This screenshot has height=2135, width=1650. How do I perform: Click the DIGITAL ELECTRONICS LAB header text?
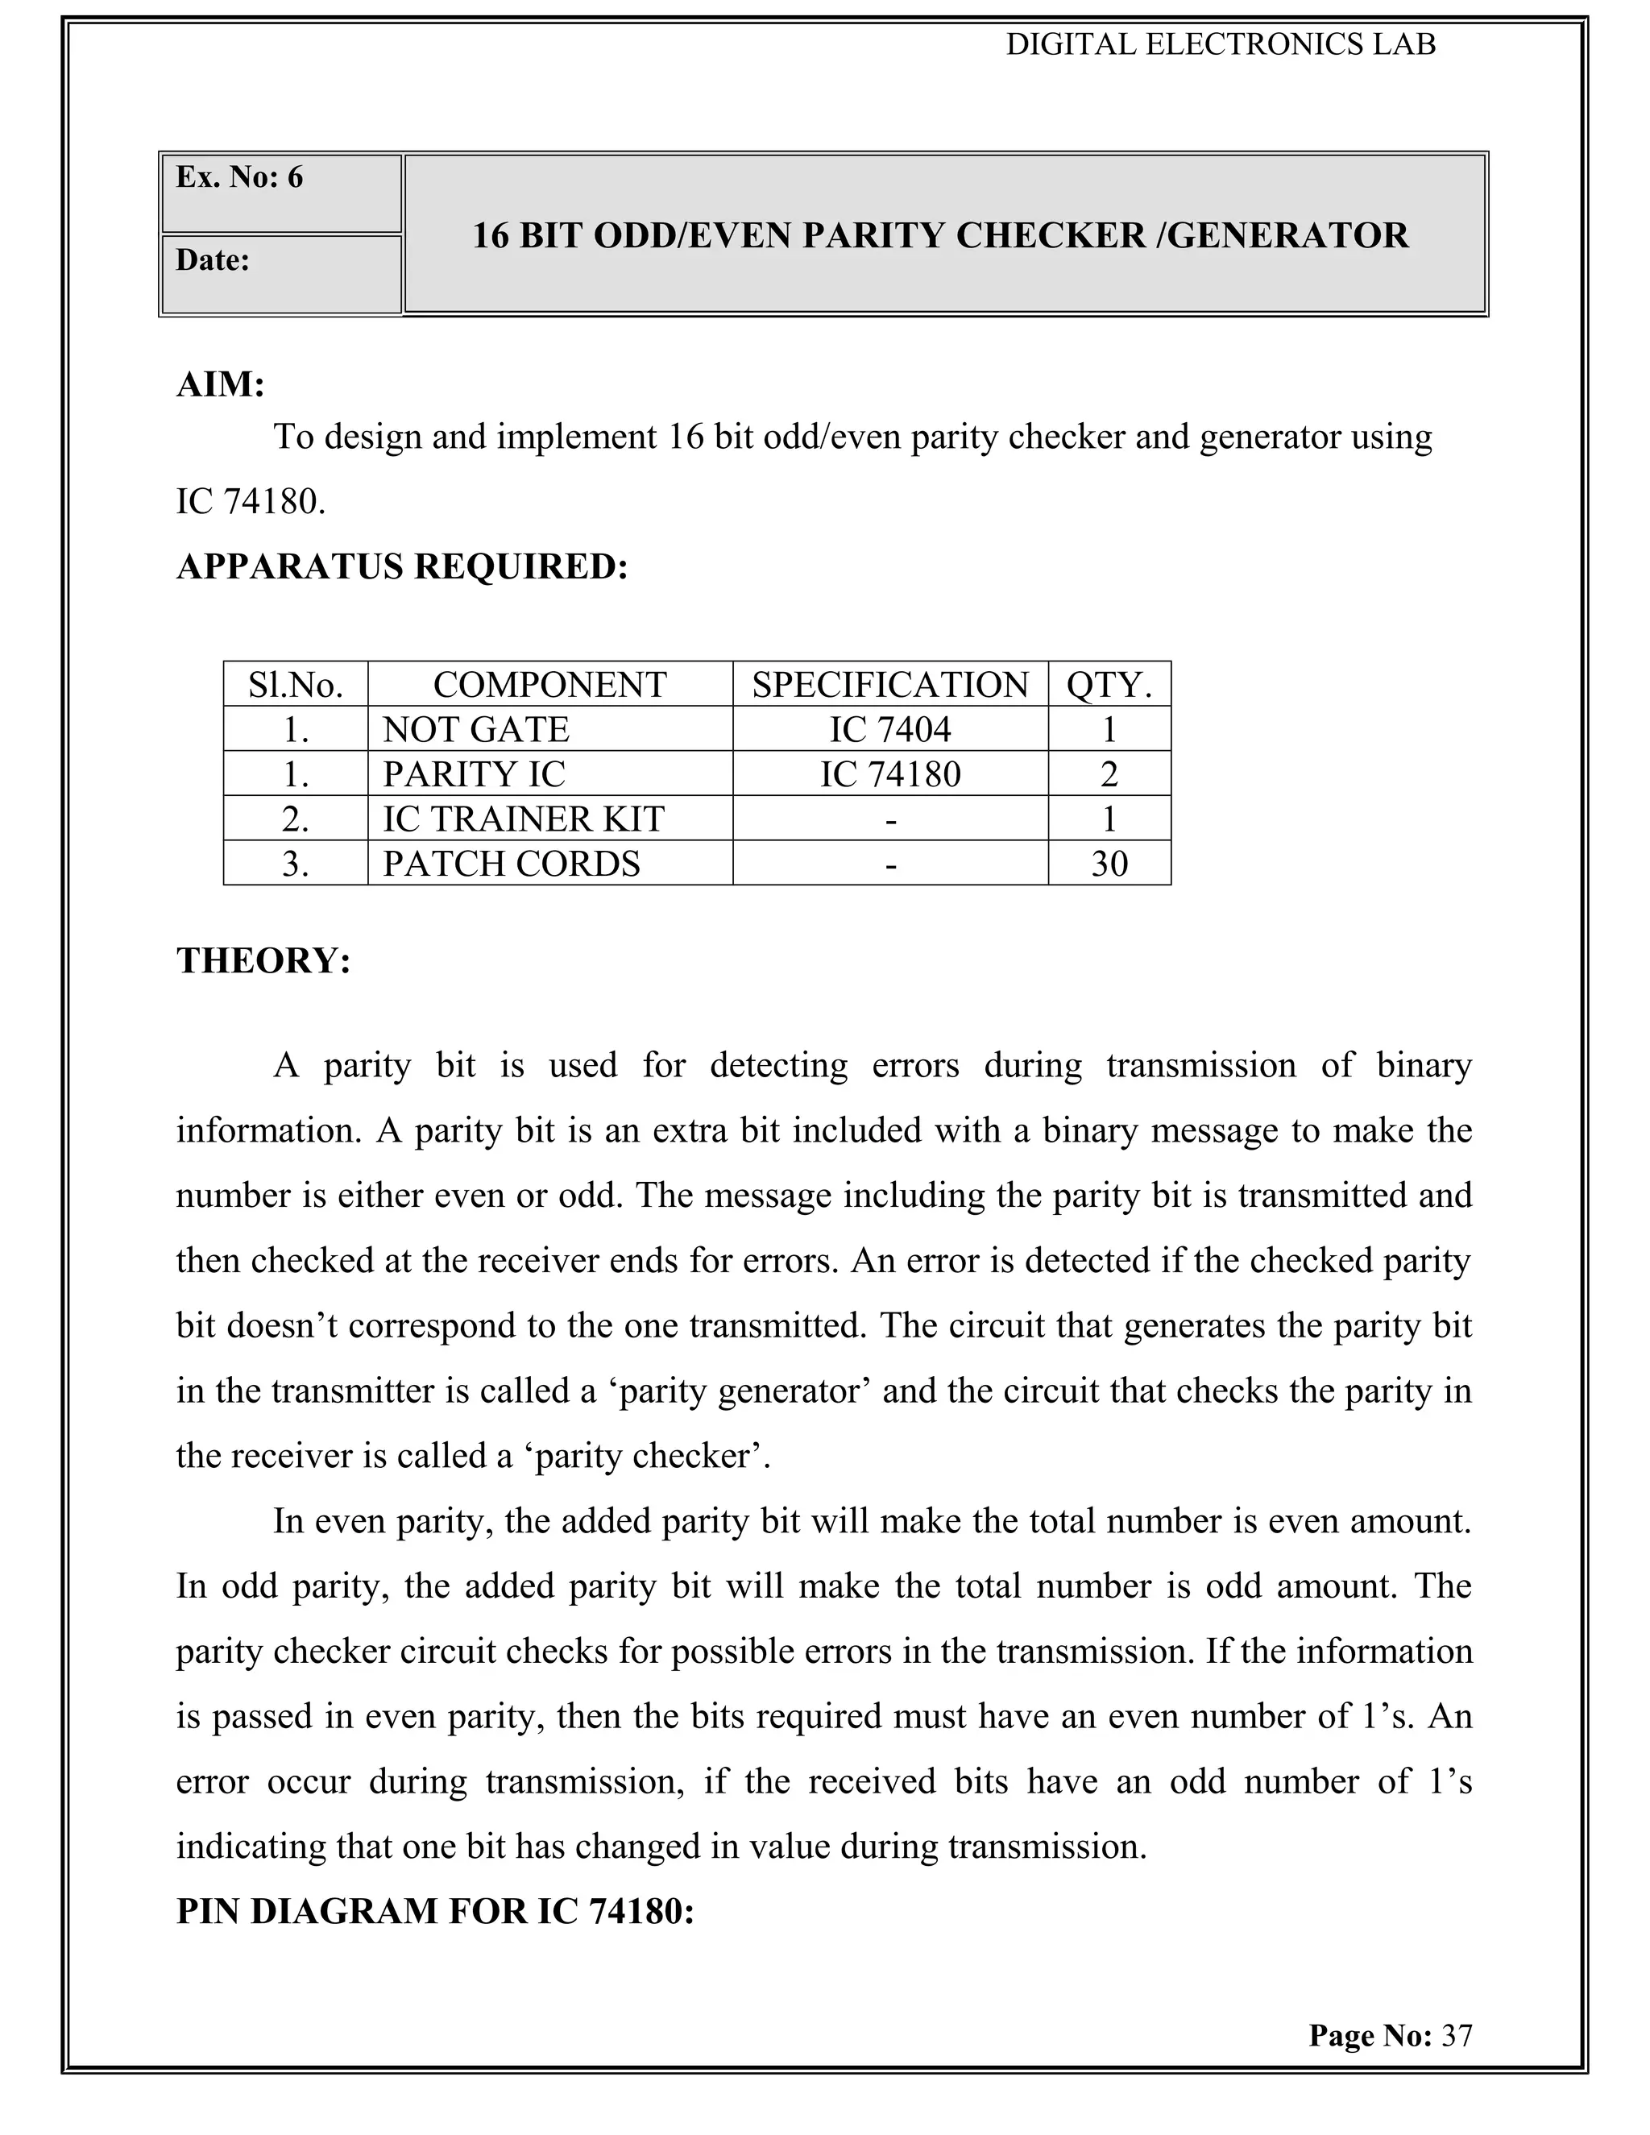tap(1221, 45)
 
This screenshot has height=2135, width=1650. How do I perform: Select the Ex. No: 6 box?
tap(280, 193)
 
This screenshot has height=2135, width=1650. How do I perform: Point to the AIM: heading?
tap(221, 384)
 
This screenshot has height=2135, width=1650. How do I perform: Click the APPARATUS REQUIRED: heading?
tap(402, 566)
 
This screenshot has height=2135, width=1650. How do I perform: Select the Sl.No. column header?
tap(295, 684)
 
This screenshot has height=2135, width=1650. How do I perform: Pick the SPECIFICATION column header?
tap(889, 684)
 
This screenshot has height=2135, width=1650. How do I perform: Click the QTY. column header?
tap(1109, 684)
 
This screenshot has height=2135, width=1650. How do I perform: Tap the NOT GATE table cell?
tap(476, 729)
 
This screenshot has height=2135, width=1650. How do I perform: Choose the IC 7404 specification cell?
tap(889, 729)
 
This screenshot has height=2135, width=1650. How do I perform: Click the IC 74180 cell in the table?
tap(889, 774)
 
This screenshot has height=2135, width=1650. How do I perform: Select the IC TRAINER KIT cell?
tap(523, 819)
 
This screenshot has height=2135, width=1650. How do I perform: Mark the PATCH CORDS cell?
tap(512, 863)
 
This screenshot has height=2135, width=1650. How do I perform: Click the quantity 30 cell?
tap(1109, 863)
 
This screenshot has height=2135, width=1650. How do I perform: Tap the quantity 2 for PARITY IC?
tap(1109, 774)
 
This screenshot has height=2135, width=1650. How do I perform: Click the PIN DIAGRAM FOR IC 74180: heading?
tap(435, 1911)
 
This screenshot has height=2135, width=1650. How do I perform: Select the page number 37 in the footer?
tap(1457, 2035)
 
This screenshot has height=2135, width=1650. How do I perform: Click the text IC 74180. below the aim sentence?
tap(251, 501)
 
